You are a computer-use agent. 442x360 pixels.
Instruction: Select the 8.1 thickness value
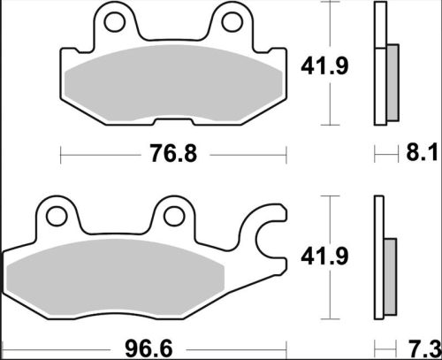pyautogui.click(x=424, y=155)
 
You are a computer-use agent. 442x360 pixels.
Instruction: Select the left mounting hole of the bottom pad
pyautogui.click(x=59, y=215)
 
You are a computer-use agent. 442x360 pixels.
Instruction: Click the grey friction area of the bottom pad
pyautogui.click(x=133, y=279)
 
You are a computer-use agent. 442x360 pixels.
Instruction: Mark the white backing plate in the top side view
pyautogui.click(x=381, y=62)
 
